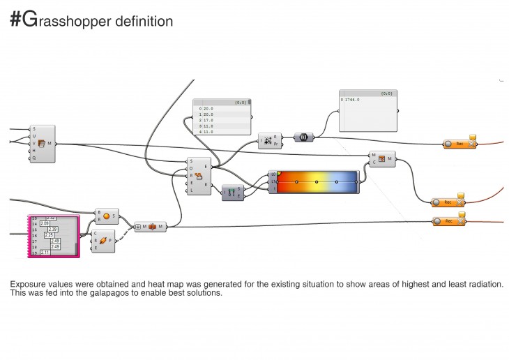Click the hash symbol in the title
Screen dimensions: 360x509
click(16, 21)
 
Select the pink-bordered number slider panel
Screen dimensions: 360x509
click(53, 236)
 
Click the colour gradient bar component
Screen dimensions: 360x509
click(317, 181)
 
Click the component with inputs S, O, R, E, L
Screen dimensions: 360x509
click(199, 175)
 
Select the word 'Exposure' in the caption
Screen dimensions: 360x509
click(26, 284)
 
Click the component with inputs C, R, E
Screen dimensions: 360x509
click(103, 241)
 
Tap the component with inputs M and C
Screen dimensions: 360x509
click(381, 159)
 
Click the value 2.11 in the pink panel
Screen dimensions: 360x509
click(45, 253)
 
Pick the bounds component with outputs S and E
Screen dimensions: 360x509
click(231, 193)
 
